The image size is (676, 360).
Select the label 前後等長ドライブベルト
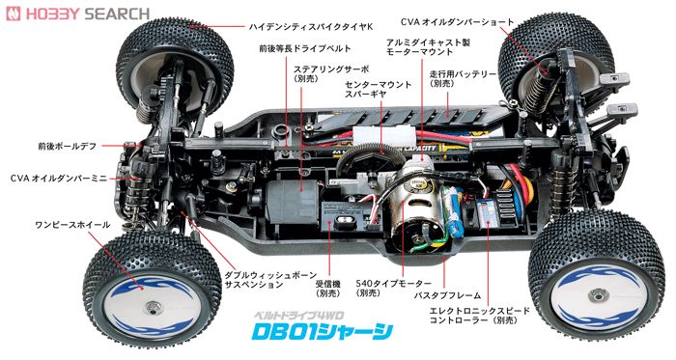(298, 47)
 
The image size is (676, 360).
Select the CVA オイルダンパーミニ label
(59, 178)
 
